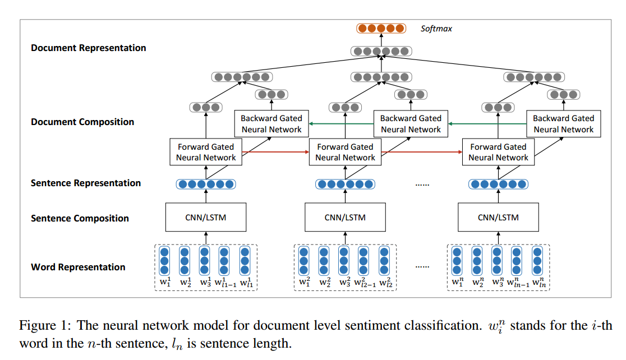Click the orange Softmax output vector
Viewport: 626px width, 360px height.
pyautogui.click(x=381, y=28)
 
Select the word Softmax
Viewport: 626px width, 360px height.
pyautogui.click(x=436, y=28)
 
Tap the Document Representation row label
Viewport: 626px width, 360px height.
pyautogui.click(x=88, y=48)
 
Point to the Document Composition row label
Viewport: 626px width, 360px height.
pyautogui.click(x=82, y=122)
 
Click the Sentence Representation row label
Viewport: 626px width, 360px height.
pyautogui.click(x=86, y=183)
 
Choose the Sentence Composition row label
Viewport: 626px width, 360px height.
pyautogui.click(x=80, y=218)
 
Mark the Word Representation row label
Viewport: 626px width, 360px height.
pyautogui.click(x=78, y=267)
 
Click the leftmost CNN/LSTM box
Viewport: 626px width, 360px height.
pyautogui.click(x=206, y=217)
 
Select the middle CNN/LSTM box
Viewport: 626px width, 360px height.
pyautogui.click(x=345, y=217)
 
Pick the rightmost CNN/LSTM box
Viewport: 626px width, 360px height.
pyautogui.click(x=498, y=217)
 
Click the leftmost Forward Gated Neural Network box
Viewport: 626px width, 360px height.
pyautogui.click(x=206, y=152)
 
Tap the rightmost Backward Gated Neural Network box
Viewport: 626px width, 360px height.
pyautogui.click(x=563, y=124)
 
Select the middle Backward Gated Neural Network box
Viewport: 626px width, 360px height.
pyautogui.click(x=411, y=124)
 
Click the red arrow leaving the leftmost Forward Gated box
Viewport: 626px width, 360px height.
pyautogui.click(x=275, y=152)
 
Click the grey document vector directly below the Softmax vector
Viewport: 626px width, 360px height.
pyautogui.click(x=381, y=51)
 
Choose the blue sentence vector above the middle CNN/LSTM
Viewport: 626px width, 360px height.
pyautogui.click(x=345, y=184)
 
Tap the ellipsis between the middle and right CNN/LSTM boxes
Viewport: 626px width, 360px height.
pyautogui.click(x=422, y=184)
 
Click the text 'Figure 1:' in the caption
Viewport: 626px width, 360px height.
pyautogui.click(x=45, y=325)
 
